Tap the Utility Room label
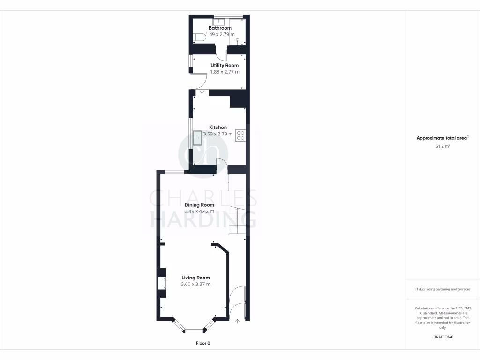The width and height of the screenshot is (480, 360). click(225, 65)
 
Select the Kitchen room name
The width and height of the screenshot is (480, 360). click(218, 127)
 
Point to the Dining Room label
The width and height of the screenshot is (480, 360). click(199, 205)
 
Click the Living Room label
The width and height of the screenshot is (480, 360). click(196, 277)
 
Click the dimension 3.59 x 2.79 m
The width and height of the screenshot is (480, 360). click(218, 134)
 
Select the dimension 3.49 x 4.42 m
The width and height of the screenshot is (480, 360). click(199, 211)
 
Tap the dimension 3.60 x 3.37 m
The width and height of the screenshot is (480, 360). click(196, 284)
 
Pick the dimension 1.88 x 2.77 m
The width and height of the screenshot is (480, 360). click(225, 72)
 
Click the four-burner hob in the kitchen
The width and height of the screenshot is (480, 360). click(241, 135)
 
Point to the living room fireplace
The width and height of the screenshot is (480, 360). click(163, 283)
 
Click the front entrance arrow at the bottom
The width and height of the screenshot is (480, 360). click(237, 321)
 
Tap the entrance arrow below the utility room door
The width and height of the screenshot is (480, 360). click(202, 92)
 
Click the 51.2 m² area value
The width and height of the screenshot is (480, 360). click(442, 146)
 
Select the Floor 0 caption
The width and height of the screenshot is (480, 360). click(203, 343)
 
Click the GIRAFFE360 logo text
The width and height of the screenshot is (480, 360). click(442, 337)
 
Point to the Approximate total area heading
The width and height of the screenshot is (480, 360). click(442, 138)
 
